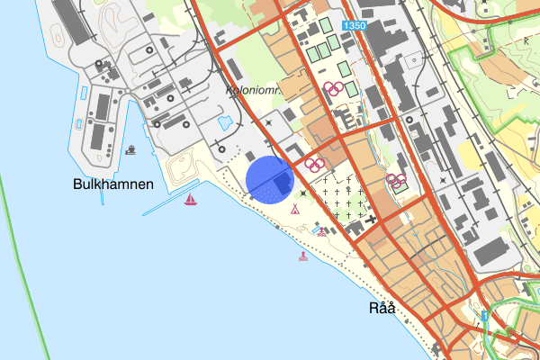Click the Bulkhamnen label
113,184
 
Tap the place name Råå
382,308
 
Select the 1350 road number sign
354,27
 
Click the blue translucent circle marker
270,178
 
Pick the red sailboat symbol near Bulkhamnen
191,199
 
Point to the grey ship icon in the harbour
132,148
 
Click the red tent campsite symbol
294,210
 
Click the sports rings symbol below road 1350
334,88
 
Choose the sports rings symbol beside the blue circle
314,164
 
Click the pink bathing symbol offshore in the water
302,256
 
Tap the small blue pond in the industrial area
226,121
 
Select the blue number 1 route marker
485,316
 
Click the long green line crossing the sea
27,225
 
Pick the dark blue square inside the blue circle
282,183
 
